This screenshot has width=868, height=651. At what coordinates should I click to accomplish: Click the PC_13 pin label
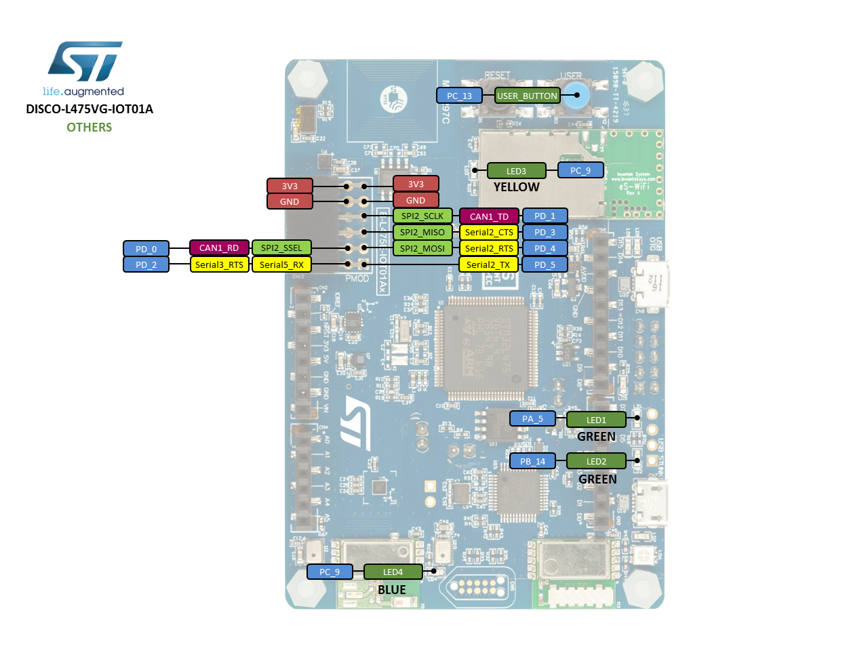click(459, 96)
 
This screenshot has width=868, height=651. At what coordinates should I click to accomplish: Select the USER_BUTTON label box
click(527, 96)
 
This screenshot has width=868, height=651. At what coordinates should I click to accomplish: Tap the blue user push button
click(577, 96)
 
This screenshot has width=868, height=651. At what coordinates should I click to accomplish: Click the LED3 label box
click(516, 171)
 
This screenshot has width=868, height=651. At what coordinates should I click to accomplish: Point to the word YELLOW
click(516, 187)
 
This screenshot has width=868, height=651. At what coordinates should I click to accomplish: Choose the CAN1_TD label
click(489, 216)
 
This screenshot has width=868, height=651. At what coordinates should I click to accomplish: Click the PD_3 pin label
click(545, 232)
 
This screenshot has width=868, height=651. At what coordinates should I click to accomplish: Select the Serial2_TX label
click(488, 264)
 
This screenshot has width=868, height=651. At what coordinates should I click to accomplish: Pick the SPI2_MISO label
click(422, 232)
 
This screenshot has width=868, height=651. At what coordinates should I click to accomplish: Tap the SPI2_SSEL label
click(281, 248)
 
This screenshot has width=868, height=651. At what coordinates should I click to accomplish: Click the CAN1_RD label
click(219, 248)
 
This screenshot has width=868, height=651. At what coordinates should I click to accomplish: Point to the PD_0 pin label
click(146, 249)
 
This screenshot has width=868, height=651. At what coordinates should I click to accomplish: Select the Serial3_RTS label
click(219, 264)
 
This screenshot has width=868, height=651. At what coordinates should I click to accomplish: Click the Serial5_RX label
click(281, 264)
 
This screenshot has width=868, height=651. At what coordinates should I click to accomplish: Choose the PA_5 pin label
click(532, 418)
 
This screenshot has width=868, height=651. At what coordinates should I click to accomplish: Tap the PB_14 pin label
click(532, 461)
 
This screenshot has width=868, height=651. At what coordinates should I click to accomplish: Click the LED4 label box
click(393, 572)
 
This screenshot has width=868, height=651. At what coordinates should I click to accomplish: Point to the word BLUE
click(392, 590)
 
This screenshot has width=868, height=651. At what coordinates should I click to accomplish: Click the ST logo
click(85, 61)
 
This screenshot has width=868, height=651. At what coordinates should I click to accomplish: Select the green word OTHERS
click(89, 127)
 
